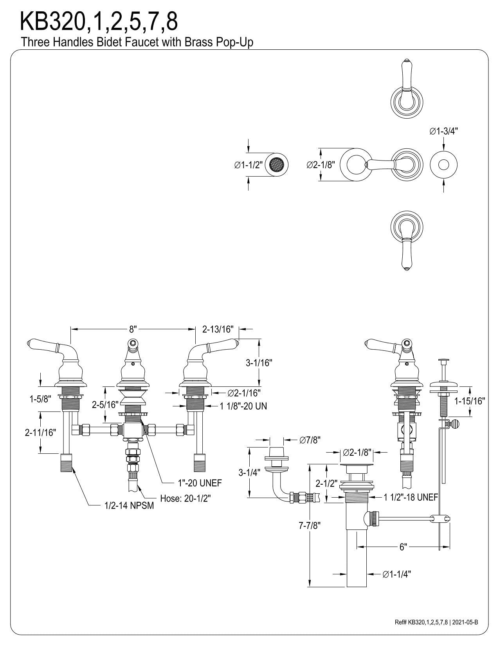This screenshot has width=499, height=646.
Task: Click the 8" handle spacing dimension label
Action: click(133, 329)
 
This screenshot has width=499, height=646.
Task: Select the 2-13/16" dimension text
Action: click(218, 329)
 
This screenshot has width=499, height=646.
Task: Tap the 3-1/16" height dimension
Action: click(259, 363)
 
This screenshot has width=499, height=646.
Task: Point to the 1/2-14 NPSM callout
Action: click(129, 505)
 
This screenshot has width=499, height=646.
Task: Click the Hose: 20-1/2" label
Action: click(186, 498)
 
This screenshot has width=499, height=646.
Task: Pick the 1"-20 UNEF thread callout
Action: click(200, 483)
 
